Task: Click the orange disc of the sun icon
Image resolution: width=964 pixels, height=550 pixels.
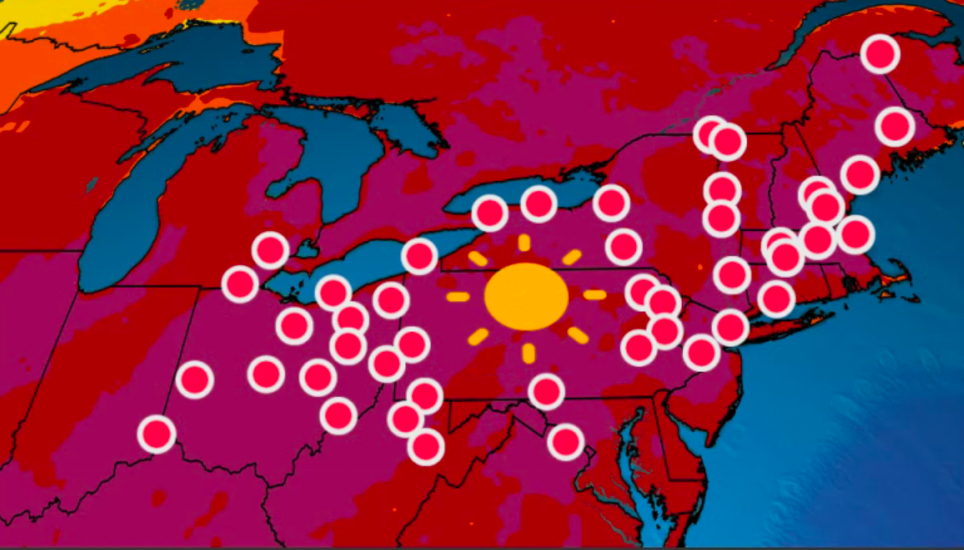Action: click(x=526, y=296)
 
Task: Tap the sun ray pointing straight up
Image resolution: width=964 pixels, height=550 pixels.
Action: click(x=524, y=243)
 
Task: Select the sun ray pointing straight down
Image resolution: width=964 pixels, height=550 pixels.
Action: click(x=528, y=353)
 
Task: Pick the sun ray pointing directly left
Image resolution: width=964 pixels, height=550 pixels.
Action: click(x=458, y=297)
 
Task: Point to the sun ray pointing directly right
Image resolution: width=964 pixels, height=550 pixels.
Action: click(x=594, y=294)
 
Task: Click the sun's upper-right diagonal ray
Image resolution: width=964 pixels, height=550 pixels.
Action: click(x=571, y=257)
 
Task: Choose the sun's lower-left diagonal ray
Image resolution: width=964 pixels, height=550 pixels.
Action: click(x=478, y=337)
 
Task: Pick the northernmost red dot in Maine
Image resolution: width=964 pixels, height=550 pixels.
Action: click(x=880, y=54)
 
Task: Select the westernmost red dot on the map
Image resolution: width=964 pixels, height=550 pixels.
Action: click(x=156, y=433)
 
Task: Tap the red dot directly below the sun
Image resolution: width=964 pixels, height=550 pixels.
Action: click(x=546, y=391)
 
